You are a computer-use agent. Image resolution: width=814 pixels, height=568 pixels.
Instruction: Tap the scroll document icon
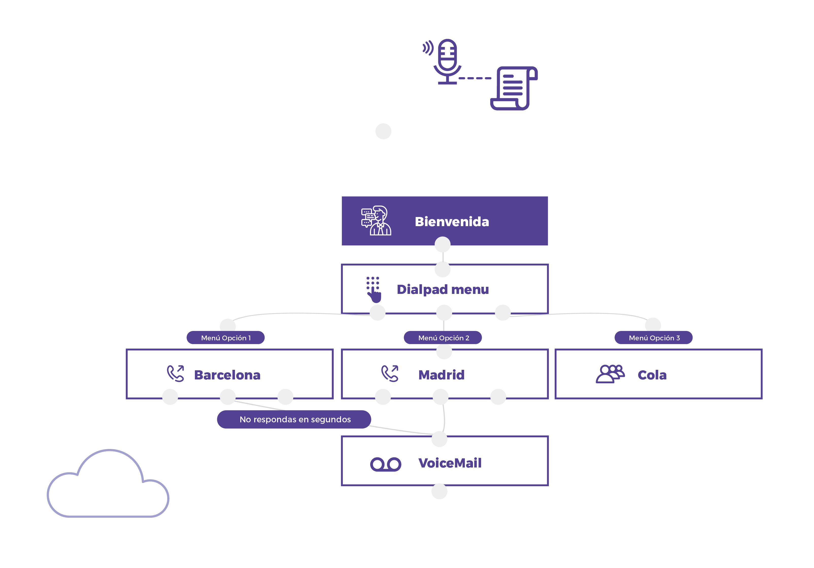[514, 88]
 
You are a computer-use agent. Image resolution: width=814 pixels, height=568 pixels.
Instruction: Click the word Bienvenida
[452, 222]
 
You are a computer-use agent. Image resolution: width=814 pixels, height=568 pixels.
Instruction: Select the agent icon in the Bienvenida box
[376, 221]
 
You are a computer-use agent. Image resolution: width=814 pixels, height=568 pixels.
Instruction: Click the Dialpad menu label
[443, 289]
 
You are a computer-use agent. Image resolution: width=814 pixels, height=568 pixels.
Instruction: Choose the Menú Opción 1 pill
[226, 338]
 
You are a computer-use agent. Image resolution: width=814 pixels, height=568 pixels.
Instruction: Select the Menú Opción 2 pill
[443, 338]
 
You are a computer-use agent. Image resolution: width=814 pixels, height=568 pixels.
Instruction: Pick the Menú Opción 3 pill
[653, 338]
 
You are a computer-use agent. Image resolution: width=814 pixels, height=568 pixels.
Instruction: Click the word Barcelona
[227, 375]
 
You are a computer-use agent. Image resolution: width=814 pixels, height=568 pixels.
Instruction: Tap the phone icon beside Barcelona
[176, 373]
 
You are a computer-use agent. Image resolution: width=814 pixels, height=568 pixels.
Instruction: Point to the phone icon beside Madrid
[390, 373]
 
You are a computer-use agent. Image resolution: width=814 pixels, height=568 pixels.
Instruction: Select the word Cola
[652, 375]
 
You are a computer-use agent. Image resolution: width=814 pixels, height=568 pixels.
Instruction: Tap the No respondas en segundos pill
[294, 420]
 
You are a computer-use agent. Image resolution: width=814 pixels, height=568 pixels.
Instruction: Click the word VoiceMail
[450, 463]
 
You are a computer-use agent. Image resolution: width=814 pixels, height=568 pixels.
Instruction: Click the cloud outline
[108, 486]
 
